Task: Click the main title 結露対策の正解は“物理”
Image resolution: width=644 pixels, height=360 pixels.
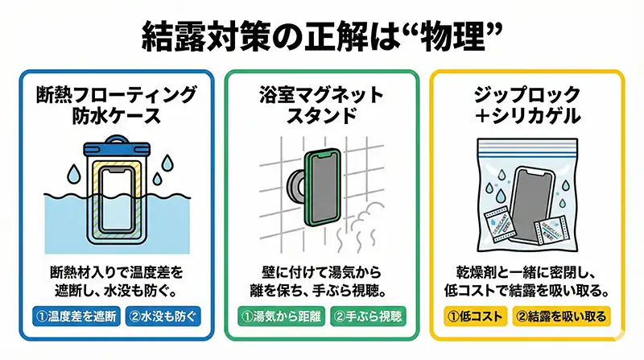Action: pos(322,37)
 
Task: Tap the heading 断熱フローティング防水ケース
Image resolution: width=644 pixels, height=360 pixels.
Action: pos(117,106)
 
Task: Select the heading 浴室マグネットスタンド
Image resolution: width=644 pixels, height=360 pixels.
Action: pos(321,106)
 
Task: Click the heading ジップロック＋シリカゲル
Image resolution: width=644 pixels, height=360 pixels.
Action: pos(527,106)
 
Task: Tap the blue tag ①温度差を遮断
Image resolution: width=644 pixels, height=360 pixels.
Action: pos(76,316)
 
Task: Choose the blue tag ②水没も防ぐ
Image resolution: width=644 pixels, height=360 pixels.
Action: pos(163,316)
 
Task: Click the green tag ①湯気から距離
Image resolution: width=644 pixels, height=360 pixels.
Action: pos(281,316)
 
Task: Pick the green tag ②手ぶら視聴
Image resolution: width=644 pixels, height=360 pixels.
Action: pos(368,316)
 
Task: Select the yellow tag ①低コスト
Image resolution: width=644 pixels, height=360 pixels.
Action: pos(476,316)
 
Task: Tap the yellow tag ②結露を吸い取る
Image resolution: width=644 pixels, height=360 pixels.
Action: pos(561,316)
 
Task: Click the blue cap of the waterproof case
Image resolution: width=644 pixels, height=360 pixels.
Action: pos(117,146)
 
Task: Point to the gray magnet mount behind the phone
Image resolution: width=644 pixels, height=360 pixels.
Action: pos(296,184)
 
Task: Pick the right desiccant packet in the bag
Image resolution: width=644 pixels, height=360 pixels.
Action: pos(551,234)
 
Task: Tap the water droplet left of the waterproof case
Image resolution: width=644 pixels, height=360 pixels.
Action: pos(74,173)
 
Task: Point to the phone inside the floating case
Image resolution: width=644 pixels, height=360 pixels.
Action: pos(117,201)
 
